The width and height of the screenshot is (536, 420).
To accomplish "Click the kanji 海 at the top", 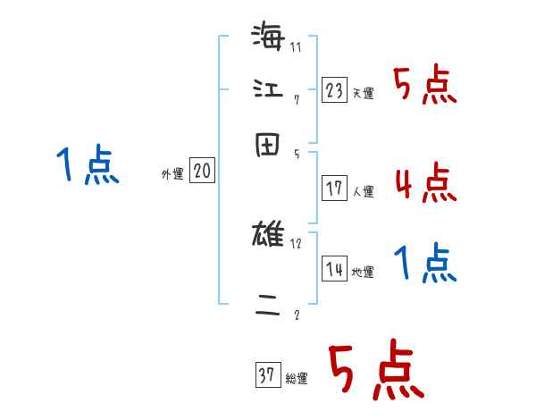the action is point(268,38).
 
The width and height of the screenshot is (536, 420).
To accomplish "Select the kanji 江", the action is point(268,89).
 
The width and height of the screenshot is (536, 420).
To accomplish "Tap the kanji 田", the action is point(268,142).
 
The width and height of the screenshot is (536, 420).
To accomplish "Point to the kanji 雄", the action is point(268,237).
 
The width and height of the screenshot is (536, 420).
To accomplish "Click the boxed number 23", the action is point(334,89).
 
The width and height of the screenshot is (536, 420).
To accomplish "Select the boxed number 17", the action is point(334,189).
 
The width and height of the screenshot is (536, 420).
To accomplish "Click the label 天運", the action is point(363,93).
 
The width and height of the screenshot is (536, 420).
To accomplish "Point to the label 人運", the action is point(363,191).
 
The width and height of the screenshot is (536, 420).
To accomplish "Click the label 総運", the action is point(297,379).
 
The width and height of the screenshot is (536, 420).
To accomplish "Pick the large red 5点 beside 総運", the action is point(375,371).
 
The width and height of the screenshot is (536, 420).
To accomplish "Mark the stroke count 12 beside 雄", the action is point(297,243).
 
